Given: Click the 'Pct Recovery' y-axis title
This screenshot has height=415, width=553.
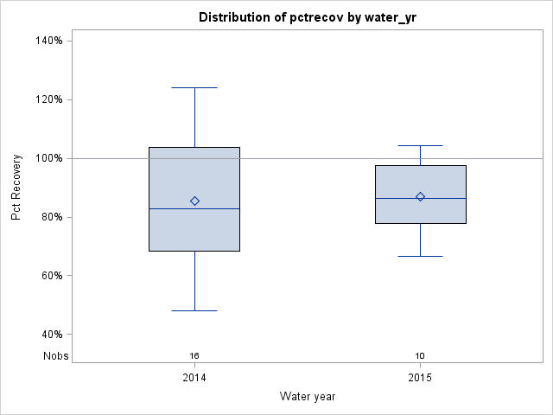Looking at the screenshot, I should click(x=16, y=188).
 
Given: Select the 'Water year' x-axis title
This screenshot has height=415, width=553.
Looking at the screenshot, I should click(x=307, y=396).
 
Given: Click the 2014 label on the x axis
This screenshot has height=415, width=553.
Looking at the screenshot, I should click(x=194, y=379).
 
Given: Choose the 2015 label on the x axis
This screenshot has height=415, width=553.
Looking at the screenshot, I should click(x=420, y=379).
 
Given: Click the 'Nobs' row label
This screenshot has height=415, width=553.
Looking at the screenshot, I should click(x=56, y=355).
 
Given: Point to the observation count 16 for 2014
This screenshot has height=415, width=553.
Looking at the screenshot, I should click(x=194, y=355).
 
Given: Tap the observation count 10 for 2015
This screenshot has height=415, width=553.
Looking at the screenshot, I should click(x=420, y=355).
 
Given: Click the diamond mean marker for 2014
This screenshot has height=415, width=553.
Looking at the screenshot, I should click(x=194, y=201).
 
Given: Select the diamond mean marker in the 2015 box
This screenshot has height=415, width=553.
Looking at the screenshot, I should click(x=421, y=196).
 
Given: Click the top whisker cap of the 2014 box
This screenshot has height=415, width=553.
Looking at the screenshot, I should click(x=194, y=87).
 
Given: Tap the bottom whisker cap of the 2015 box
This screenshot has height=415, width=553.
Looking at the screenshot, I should click(x=421, y=256).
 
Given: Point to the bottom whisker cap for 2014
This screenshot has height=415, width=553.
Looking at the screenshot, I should click(x=194, y=310).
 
